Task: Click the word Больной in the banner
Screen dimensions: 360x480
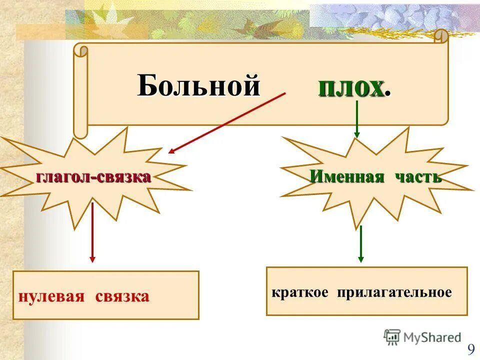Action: point(199,85)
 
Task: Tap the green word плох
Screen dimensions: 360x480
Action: point(351,88)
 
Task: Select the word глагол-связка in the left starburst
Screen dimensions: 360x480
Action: point(93,176)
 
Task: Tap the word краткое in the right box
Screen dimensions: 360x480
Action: point(300,292)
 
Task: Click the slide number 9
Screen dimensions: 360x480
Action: point(471,349)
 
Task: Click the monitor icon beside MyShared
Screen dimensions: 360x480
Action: point(392,337)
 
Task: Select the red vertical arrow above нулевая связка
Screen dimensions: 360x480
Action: point(92,230)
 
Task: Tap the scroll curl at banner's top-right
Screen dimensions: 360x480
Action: point(441,36)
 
